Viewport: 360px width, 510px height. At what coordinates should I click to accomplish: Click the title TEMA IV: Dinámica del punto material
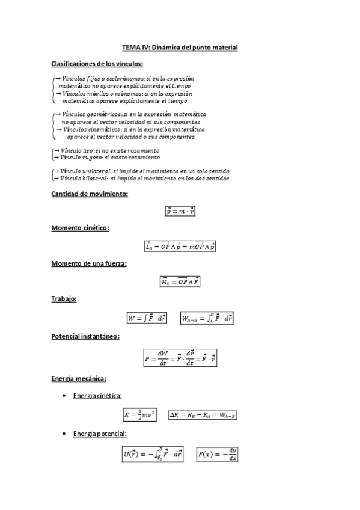(x=180, y=47)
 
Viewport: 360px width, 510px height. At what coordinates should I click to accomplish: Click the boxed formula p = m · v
(x=180, y=211)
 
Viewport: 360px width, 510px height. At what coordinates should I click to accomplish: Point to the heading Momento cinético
(x=80, y=228)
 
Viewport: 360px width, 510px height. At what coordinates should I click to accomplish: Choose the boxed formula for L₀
(x=180, y=246)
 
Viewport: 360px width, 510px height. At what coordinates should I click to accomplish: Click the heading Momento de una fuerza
(x=89, y=263)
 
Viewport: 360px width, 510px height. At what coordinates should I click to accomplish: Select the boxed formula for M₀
(x=180, y=281)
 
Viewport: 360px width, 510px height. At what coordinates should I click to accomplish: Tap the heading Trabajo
(x=64, y=298)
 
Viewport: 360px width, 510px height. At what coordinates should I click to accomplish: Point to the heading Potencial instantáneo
(x=85, y=336)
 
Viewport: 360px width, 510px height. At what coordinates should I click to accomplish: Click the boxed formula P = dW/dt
(x=180, y=358)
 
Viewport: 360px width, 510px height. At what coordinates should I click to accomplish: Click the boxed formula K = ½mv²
(x=139, y=415)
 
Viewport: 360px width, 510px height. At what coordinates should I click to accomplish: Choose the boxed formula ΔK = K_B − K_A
(x=203, y=415)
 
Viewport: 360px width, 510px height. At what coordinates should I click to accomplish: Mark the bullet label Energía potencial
(x=99, y=434)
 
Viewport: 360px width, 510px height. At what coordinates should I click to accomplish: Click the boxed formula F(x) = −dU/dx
(x=218, y=455)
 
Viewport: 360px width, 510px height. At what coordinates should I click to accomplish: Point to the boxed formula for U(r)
(x=153, y=455)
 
